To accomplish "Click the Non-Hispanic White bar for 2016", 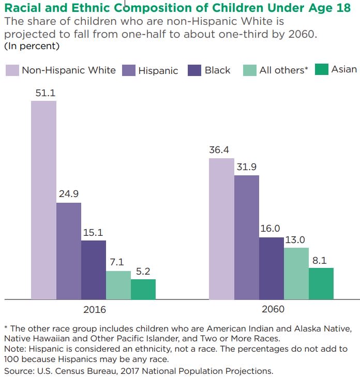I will pos(43,200).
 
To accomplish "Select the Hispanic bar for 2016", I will pos(69,251).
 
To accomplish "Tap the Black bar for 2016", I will pos(94,269).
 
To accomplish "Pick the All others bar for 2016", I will pos(118,285).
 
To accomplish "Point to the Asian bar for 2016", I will pos(143,289).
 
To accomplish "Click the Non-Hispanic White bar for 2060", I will pos(221,229).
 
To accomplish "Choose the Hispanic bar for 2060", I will pos(246,237).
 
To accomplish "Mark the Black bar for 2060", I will pos(271,268).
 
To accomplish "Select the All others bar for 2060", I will pos(296,274).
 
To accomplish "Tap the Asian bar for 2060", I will pos(321,283).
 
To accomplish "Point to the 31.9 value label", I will pos(246,167).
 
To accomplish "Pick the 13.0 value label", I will pos(296,239).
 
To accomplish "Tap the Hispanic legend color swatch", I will pos(128,71).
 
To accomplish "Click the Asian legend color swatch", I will pos(321,70).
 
